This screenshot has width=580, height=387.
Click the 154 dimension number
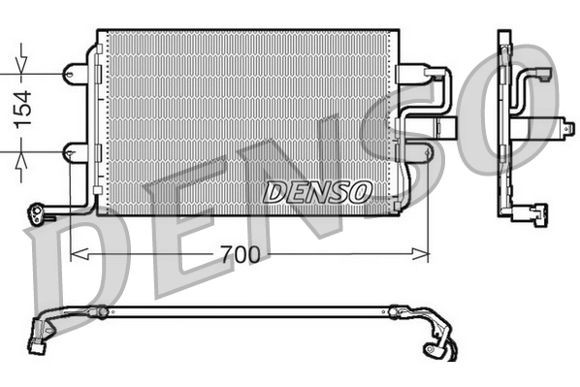(21, 109)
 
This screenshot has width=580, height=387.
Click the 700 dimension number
(240, 255)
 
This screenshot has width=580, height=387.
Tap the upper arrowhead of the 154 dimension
(21, 71)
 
